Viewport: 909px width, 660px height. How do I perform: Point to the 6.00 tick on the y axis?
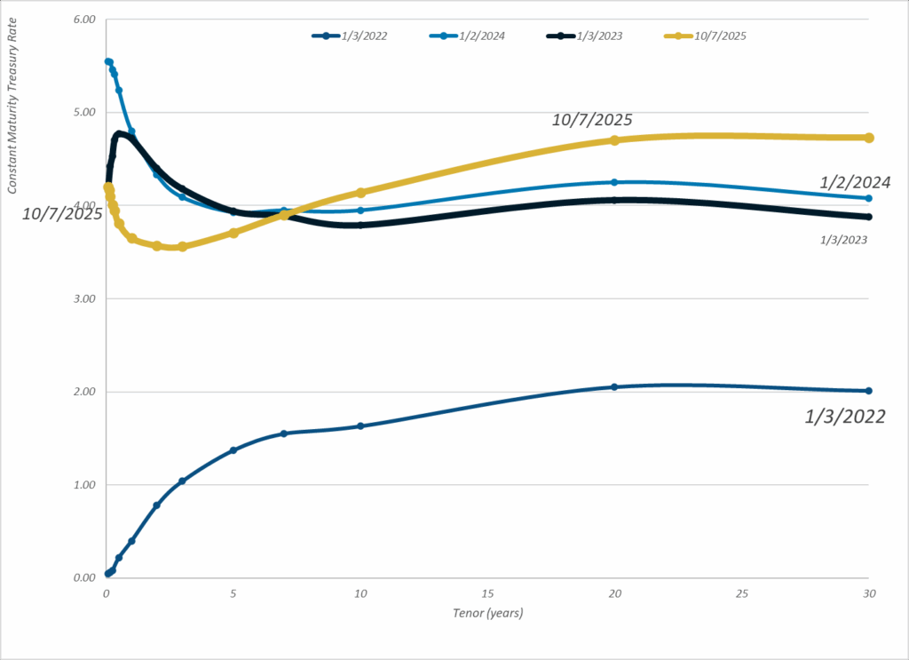[83, 19]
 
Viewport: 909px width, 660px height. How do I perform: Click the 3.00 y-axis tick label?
[83, 298]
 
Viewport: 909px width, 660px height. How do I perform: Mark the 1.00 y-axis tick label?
[83, 485]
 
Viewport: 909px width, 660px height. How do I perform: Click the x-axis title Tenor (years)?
[487, 612]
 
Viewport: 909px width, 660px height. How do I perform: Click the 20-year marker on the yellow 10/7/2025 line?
[614, 140]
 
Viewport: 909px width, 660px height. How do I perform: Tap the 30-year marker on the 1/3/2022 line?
[869, 391]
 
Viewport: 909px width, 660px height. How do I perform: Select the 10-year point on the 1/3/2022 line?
[360, 426]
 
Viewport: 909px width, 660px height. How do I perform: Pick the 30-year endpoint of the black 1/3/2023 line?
[869, 217]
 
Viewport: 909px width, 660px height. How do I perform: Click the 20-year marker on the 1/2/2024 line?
[614, 182]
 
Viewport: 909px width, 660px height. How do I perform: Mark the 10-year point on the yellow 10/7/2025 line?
[360, 193]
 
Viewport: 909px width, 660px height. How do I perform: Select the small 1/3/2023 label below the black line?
[843, 240]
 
